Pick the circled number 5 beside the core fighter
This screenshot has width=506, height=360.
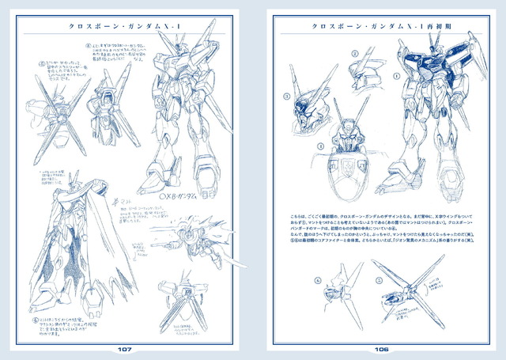coord(387,280)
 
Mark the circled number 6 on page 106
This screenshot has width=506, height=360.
coord(317,279)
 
